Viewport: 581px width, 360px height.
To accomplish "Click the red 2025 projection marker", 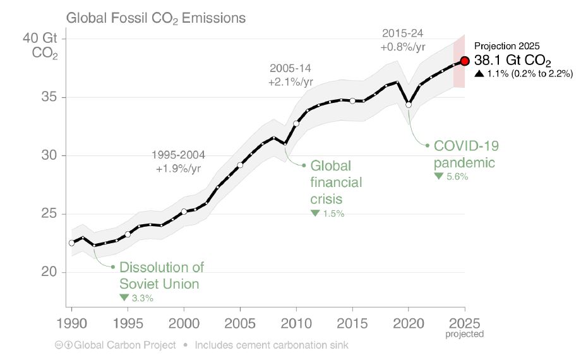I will click(x=465, y=61).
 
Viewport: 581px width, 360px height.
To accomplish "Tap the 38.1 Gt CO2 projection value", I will click(x=513, y=62).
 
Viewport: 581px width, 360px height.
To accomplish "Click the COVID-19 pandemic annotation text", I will click(x=466, y=154).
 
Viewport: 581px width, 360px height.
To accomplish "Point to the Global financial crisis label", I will click(x=335, y=182).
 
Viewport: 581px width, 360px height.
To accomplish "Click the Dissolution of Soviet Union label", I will click(x=162, y=275).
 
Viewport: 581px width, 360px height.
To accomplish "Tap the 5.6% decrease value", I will click(x=457, y=177).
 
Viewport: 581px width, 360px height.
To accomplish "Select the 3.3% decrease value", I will click(x=142, y=297).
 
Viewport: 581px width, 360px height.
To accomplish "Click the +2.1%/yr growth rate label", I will click(x=290, y=81).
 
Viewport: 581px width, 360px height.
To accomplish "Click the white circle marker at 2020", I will click(x=409, y=105).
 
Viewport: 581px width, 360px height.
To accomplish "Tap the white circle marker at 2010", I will click(x=296, y=123).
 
